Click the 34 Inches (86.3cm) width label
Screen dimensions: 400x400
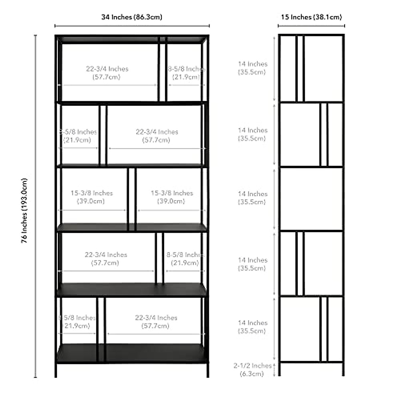pyautogui.click(x=132, y=17)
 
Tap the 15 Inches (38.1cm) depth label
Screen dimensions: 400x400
pyautogui.click(x=311, y=17)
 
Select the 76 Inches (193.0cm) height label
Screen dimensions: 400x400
pyautogui.click(x=24, y=211)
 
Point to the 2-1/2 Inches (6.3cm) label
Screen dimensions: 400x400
pyautogui.click(x=252, y=370)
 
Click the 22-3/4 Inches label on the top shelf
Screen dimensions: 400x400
pyautogui.click(x=107, y=73)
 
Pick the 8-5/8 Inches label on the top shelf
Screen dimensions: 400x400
pyautogui.click(x=186, y=73)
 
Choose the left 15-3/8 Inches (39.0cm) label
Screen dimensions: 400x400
pyautogui.click(x=91, y=197)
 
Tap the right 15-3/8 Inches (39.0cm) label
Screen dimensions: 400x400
pyautogui.click(x=172, y=197)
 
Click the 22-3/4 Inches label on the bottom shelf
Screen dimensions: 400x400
pyautogui.click(x=156, y=322)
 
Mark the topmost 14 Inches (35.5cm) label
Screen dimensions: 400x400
pyautogui.click(x=253, y=68)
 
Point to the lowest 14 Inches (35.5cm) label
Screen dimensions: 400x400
pyautogui.click(x=253, y=327)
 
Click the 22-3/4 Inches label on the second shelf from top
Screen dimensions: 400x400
pyautogui.click(x=157, y=136)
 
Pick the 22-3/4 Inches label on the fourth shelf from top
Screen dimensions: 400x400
pyautogui.click(x=106, y=259)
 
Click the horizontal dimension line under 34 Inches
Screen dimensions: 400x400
pyautogui.click(x=132, y=26)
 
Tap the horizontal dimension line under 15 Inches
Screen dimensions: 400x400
pyautogui.click(x=311, y=26)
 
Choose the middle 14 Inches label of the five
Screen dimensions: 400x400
pyautogui.click(x=253, y=198)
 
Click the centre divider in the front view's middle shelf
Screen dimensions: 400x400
pyautogui.click(x=132, y=199)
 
